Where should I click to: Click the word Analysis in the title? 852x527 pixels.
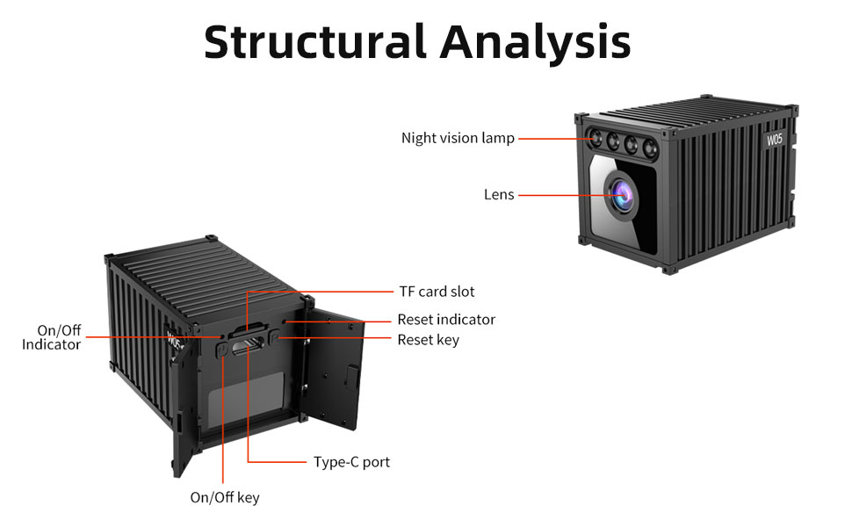(x=535, y=41)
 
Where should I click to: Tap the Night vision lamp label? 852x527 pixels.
(x=458, y=138)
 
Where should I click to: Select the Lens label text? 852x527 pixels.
(x=499, y=194)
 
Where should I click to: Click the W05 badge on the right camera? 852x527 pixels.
(x=775, y=138)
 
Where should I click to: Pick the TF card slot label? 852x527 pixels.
(x=437, y=291)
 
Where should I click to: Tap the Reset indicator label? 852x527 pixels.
(x=446, y=319)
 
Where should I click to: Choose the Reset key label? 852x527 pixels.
(x=428, y=339)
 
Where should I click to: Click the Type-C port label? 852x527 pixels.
(x=351, y=461)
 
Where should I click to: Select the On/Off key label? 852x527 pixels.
(x=225, y=498)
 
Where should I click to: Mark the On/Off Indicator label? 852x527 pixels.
(x=52, y=337)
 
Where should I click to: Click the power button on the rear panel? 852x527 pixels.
(x=222, y=350)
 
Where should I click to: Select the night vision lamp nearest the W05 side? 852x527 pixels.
(x=649, y=146)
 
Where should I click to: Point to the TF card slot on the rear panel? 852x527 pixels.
(x=248, y=332)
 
